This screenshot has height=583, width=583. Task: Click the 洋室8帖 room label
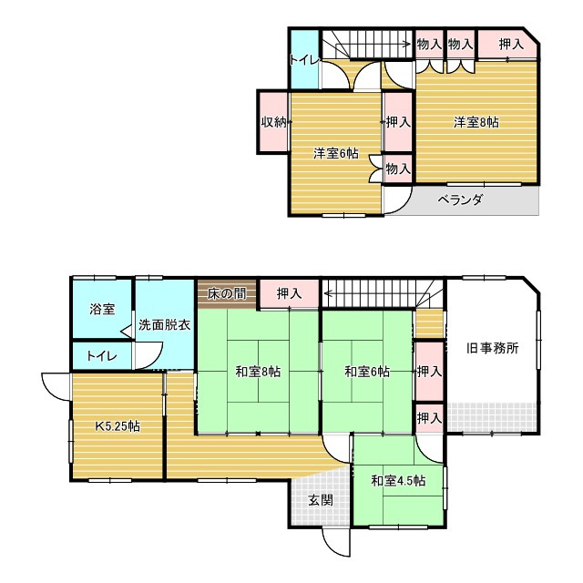point(476,122)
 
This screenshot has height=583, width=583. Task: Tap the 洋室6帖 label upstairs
point(336,153)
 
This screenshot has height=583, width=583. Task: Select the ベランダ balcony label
point(459,200)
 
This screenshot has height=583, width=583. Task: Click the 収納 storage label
point(274,122)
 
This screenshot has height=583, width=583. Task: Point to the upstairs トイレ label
point(303,61)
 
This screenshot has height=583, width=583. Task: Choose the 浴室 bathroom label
point(102,309)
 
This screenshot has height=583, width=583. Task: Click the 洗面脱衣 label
point(164,324)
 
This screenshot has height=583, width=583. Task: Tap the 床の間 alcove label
point(226,293)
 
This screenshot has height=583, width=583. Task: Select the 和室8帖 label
point(258,372)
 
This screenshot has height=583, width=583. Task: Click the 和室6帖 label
point(366,372)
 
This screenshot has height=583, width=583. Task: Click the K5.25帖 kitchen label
point(118,425)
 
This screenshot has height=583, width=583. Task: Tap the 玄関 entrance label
point(320,499)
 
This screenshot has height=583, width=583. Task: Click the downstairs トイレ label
point(101,355)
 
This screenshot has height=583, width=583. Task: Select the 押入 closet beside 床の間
point(290,293)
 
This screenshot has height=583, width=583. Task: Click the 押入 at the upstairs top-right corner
point(511,43)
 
